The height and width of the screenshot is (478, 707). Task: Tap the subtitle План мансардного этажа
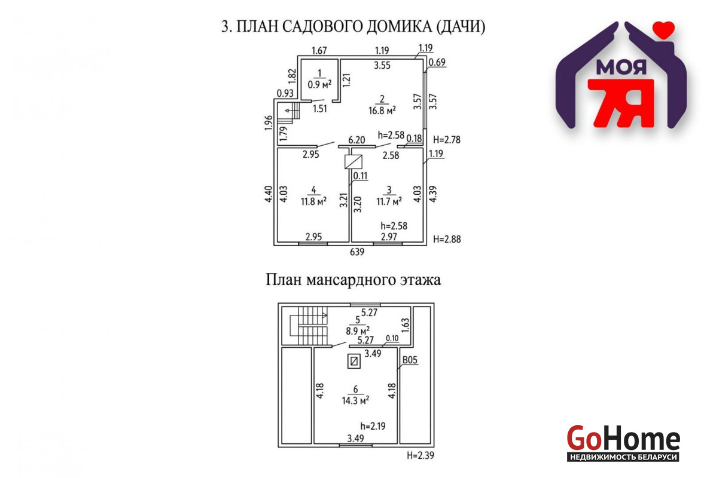click(353, 280)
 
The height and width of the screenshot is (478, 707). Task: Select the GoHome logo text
click(623, 438)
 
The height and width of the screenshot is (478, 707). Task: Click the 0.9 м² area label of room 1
click(319, 84)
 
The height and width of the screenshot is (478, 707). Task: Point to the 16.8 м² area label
click(382, 110)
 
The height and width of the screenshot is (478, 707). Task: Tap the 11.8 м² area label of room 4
click(313, 201)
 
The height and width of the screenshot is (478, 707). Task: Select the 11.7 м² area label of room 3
click(389, 201)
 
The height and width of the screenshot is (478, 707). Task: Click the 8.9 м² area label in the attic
click(358, 330)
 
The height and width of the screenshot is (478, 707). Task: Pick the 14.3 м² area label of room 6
click(355, 400)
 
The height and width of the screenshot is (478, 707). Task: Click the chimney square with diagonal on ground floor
click(353, 162)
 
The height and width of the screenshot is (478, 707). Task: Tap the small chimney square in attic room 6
click(354, 361)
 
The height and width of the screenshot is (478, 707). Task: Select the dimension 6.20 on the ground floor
click(356, 140)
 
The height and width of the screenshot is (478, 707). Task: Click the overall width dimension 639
click(356, 252)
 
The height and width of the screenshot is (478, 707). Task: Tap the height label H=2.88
click(447, 239)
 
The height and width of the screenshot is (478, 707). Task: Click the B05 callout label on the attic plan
click(410, 360)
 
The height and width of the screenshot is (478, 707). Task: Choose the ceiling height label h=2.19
click(373, 426)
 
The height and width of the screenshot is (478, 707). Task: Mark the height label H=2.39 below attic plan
click(420, 455)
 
